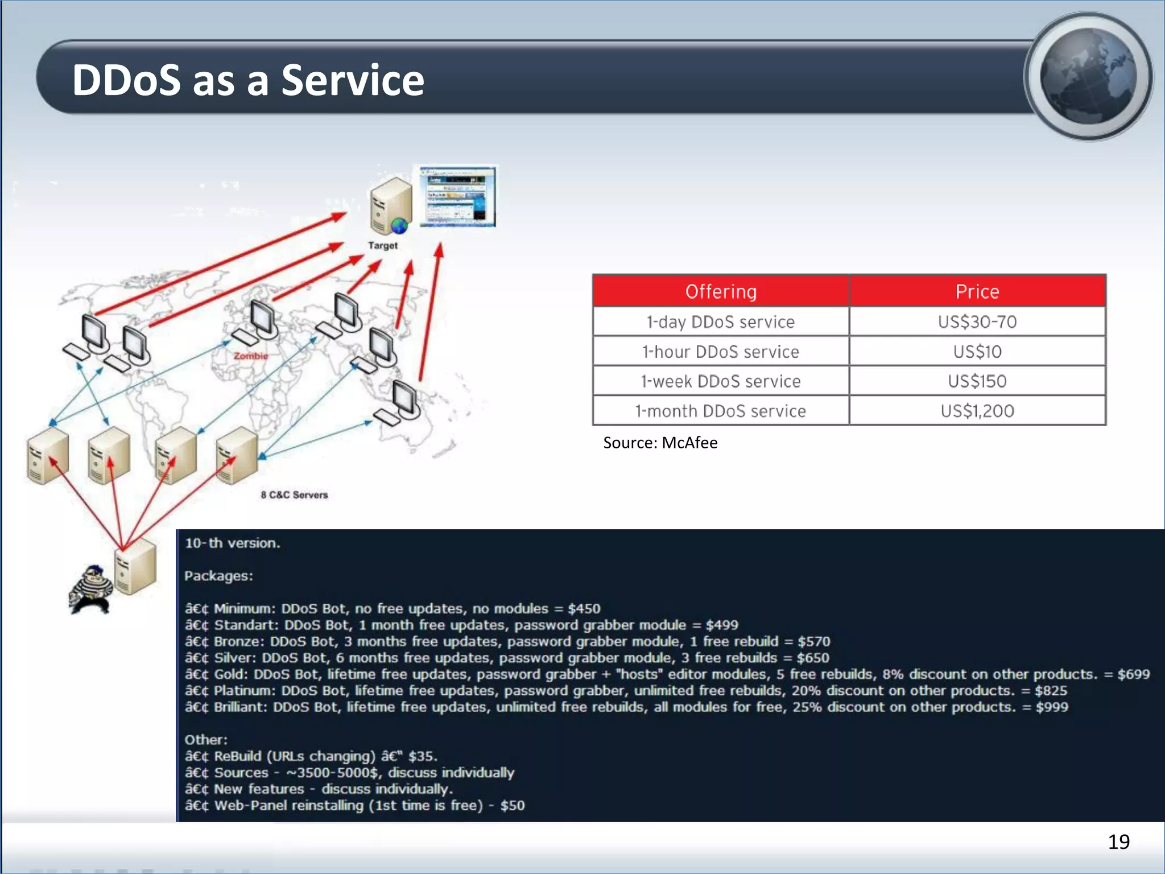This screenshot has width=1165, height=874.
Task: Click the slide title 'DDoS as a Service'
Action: tap(248, 80)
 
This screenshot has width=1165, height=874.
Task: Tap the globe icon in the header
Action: tap(1088, 76)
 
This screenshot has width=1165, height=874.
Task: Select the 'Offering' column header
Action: tap(721, 291)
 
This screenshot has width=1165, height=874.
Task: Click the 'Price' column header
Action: tap(977, 291)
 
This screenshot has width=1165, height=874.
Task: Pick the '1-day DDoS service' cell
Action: tap(721, 322)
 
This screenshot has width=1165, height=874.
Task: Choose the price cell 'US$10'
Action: tap(977, 352)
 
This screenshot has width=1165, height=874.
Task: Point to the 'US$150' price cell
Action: tap(977, 381)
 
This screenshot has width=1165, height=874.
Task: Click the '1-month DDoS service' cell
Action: tap(721, 411)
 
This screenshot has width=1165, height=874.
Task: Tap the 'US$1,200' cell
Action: tap(977, 411)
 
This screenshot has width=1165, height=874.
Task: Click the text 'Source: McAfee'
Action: tap(660, 443)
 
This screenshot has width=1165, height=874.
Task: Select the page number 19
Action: tap(1118, 842)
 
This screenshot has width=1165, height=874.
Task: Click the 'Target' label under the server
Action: tap(383, 246)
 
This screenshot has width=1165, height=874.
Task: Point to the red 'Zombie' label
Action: tap(251, 356)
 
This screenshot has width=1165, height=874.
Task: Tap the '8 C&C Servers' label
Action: tap(294, 495)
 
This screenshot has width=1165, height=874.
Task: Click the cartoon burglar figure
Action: tap(90, 589)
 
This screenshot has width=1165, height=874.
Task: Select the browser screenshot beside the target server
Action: tap(457, 197)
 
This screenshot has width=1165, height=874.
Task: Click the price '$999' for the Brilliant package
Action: tap(1052, 707)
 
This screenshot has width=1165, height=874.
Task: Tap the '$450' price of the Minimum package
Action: tap(584, 609)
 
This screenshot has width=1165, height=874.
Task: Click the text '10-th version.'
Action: tap(233, 543)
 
